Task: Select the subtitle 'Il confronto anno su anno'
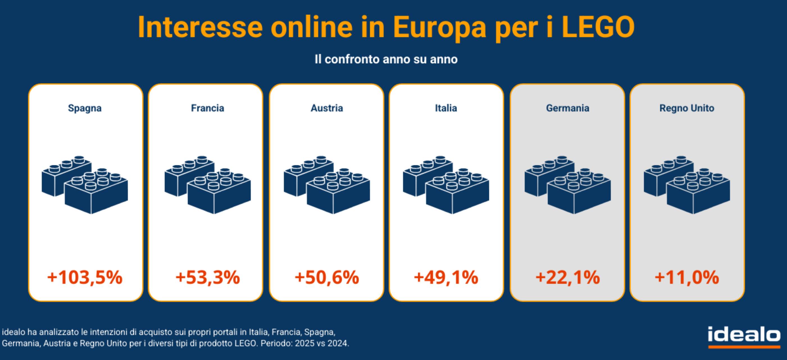[x=386, y=59]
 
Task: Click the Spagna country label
[x=85, y=108]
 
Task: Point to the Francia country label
[x=208, y=108]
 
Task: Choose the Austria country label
[x=327, y=108]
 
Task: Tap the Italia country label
[x=446, y=108]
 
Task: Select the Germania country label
[x=567, y=108]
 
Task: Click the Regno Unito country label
[x=686, y=108]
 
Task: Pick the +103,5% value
[x=85, y=277]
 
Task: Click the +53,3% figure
[x=208, y=277]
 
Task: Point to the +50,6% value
[x=327, y=277]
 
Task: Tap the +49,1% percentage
[x=446, y=277]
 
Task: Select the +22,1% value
[x=567, y=277]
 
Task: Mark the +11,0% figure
[x=686, y=277]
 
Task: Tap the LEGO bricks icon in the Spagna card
[x=85, y=185]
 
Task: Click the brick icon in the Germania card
[x=567, y=185]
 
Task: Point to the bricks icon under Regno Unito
[x=686, y=185]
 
